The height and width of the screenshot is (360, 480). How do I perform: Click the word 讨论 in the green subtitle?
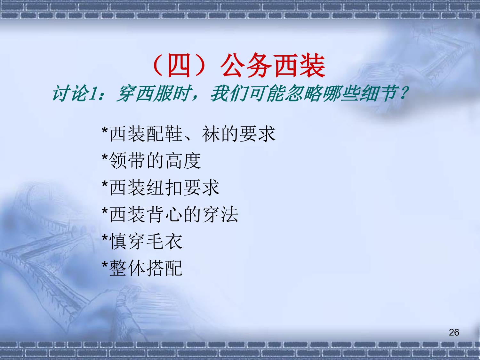tap(70, 93)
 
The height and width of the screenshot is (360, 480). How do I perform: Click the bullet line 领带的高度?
tap(151, 161)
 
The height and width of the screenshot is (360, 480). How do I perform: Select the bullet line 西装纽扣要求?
tap(161, 188)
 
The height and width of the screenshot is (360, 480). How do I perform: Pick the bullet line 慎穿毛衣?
tap(142, 241)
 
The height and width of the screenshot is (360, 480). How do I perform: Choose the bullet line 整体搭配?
tap(142, 268)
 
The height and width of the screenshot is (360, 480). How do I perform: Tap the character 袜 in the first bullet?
tap(211, 134)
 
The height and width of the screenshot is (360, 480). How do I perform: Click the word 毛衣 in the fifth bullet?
tap(164, 241)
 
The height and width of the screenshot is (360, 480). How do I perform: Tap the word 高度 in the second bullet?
tap(183, 161)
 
